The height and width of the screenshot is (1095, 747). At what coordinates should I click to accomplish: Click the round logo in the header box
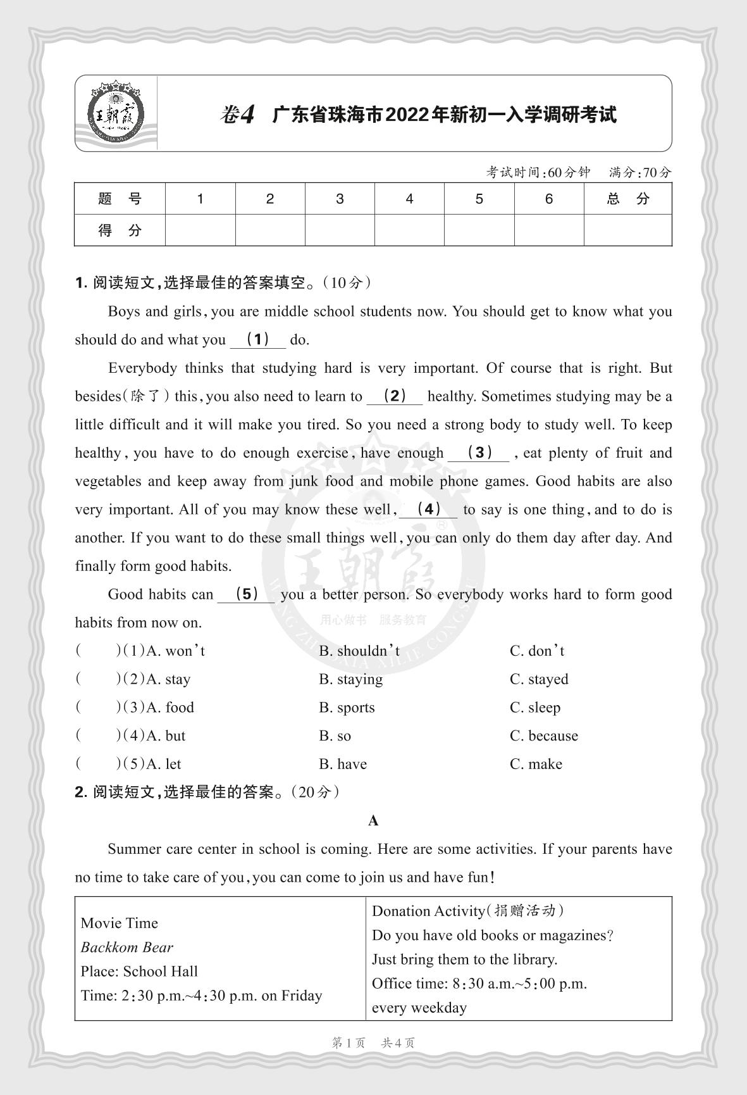tap(115, 113)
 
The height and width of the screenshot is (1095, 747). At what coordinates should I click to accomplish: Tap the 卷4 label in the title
tap(237, 115)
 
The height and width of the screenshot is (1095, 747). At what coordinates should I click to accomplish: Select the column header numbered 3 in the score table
tap(340, 199)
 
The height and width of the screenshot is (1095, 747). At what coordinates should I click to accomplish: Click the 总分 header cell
tap(627, 199)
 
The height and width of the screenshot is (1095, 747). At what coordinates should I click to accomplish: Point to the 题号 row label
tap(120, 199)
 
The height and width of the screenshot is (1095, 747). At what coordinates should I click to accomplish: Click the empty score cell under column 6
tap(548, 230)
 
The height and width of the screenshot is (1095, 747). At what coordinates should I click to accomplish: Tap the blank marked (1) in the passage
tap(258, 339)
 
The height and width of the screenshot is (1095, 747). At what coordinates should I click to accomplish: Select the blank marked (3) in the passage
tap(479, 453)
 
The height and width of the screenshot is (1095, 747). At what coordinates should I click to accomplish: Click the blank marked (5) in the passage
tap(246, 594)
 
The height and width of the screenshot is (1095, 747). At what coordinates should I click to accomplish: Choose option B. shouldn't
tap(359, 651)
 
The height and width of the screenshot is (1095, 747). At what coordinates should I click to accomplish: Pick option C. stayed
tap(539, 679)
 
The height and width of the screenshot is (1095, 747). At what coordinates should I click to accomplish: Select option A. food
tap(170, 708)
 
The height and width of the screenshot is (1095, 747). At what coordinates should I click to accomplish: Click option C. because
tap(544, 735)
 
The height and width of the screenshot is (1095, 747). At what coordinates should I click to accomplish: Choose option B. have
tap(343, 764)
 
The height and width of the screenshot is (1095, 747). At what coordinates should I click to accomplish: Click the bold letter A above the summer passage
tap(373, 821)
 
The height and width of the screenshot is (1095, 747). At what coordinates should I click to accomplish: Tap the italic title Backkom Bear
tap(127, 947)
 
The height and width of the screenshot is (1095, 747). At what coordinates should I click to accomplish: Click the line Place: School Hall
tap(139, 971)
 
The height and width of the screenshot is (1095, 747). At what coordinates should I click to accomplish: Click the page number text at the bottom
tap(373, 1043)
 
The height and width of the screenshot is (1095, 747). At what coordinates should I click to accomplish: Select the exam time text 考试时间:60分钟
tap(538, 172)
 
